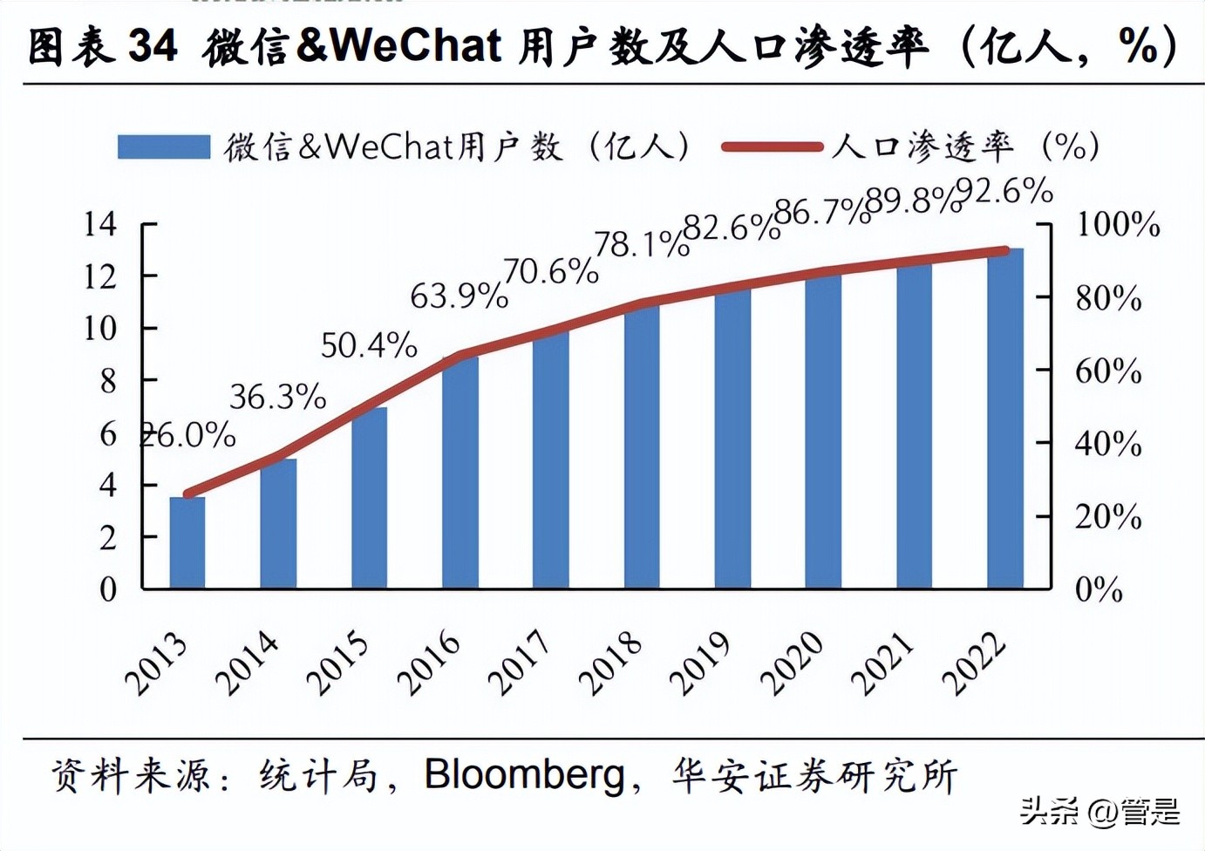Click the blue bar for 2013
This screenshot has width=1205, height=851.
[x=187, y=542]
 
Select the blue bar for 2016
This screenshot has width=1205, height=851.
[x=460, y=472]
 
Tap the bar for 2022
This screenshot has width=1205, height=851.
[x=1005, y=419]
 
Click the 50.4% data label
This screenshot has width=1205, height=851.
[x=369, y=346]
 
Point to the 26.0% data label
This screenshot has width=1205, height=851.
[x=188, y=434]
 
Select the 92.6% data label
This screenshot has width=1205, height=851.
[x=1004, y=191]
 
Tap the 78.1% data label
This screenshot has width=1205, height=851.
[x=642, y=245]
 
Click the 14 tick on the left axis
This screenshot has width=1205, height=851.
[x=100, y=224]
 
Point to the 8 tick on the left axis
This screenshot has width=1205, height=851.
[x=107, y=381]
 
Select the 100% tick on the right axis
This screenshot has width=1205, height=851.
[x=1118, y=225]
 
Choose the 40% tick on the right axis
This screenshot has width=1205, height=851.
[x=1108, y=444]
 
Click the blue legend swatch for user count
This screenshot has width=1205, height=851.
[x=164, y=146]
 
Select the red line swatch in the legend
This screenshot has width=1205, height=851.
[x=773, y=147]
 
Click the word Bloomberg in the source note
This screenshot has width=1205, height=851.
[x=525, y=773]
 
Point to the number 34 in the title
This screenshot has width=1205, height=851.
[x=153, y=45]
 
